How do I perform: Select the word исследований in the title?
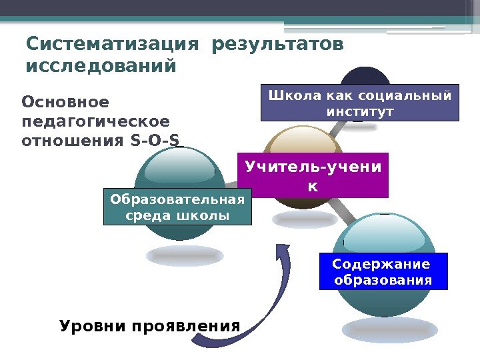coord(101,67)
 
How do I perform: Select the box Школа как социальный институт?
coord(360,102)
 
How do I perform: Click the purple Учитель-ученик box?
coord(313,175)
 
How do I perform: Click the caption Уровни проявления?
coord(149,327)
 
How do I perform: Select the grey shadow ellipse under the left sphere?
coord(185,255)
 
